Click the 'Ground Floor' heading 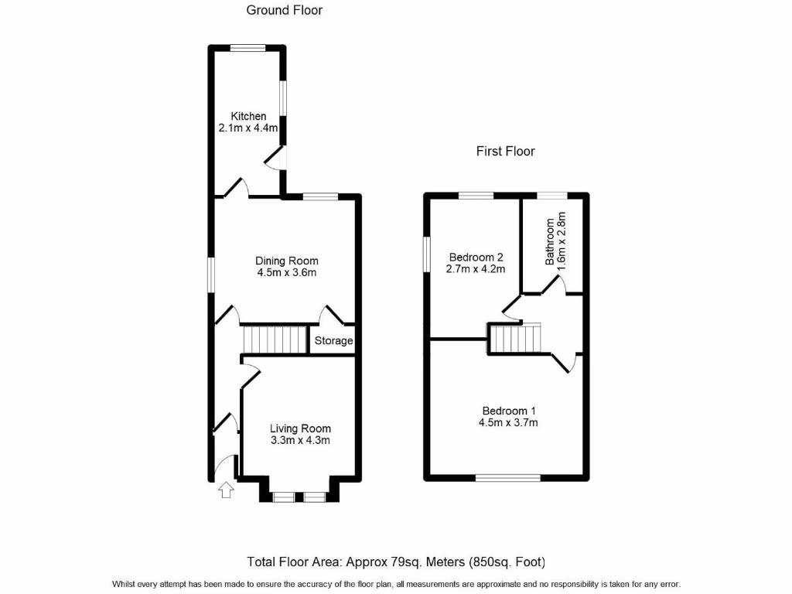[x=284, y=10]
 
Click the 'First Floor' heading [x=505, y=152]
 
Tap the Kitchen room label [x=248, y=117]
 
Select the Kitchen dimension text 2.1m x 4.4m [x=248, y=128]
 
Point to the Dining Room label [x=287, y=261]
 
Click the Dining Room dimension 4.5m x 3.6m [x=287, y=272]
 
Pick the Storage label [x=333, y=341]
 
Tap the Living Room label [x=300, y=428]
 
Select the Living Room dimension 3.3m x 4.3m [x=300, y=441]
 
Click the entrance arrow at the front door [x=226, y=490]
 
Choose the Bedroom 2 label [x=476, y=258]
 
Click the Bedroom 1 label [x=509, y=411]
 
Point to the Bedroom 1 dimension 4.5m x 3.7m [x=509, y=422]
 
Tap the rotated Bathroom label [x=551, y=240]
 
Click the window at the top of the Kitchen [x=247, y=48]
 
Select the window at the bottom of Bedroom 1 [x=508, y=477]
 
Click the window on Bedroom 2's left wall [x=426, y=254]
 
